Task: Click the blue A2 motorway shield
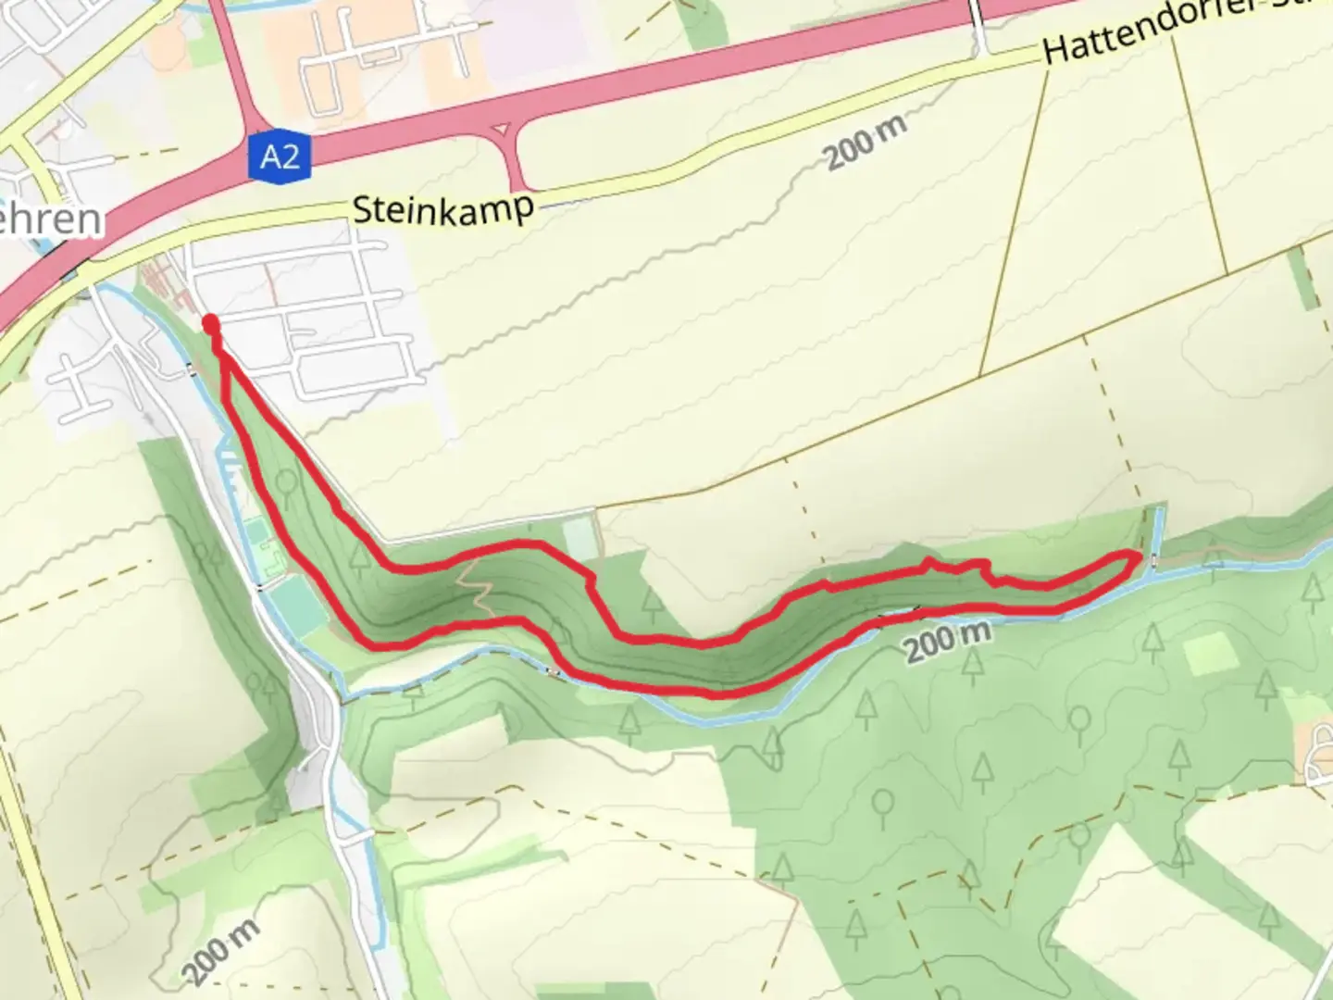(280, 156)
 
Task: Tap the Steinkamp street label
(442, 209)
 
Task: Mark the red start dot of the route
(211, 323)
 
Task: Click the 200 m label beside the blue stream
(947, 640)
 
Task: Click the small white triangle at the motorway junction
(501, 130)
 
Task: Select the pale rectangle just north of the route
(579, 537)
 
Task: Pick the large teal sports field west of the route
(294, 606)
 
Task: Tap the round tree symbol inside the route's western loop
(287, 479)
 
